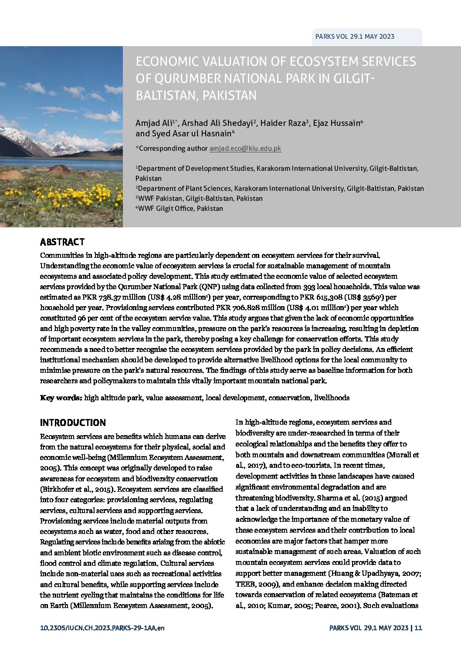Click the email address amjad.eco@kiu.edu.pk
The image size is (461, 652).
pyautogui.click(x=245, y=149)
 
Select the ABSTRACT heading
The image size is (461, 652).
pyautogui.click(x=62, y=242)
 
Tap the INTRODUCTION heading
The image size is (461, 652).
pyautogui.click(x=73, y=423)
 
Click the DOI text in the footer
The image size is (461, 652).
pyautogui.click(x=102, y=628)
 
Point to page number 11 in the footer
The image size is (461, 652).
pyautogui.click(x=419, y=628)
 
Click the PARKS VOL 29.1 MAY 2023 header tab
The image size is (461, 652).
pyautogui.click(x=355, y=37)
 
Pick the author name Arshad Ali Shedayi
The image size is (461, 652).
pyautogui.click(x=217, y=123)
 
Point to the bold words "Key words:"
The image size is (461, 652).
pyautogui.click(x=61, y=398)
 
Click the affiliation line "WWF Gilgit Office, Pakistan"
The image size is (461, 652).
pyautogui.click(x=180, y=209)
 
